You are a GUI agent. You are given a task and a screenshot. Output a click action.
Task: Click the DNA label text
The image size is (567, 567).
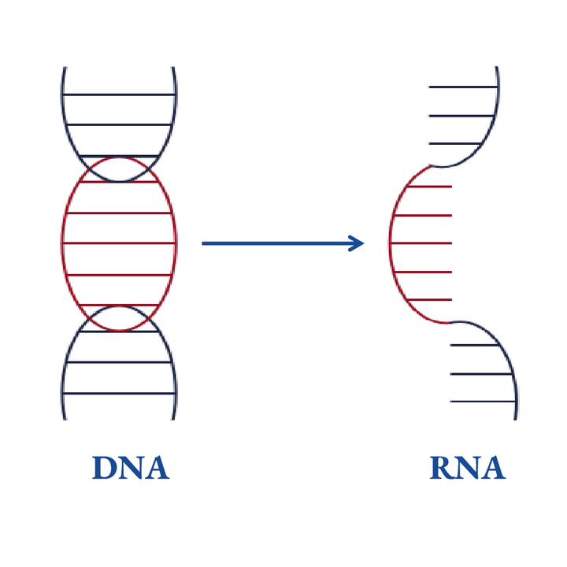click(131, 468)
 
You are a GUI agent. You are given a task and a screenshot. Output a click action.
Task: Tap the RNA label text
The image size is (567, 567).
click(467, 468)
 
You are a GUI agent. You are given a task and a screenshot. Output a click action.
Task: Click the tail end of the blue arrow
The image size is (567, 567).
click(205, 243)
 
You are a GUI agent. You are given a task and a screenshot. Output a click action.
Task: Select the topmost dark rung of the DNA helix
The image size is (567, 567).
click(119, 94)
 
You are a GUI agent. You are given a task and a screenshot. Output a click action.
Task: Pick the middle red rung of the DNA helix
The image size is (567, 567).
click(119, 243)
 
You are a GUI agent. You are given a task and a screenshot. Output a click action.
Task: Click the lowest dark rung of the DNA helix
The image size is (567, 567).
click(119, 393)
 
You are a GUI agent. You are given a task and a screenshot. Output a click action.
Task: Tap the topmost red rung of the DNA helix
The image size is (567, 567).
click(119, 183)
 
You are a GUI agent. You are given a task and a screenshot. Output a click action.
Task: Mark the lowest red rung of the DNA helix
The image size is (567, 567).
click(119, 305)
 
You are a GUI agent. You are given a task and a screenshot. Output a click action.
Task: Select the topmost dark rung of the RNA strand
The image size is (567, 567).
click(463, 87)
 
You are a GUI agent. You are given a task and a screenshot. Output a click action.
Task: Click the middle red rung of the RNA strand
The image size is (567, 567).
click(421, 243)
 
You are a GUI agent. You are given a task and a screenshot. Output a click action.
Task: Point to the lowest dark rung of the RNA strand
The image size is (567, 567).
click(483, 402)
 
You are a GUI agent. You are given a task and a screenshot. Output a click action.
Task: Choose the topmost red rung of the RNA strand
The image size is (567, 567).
click(430, 187)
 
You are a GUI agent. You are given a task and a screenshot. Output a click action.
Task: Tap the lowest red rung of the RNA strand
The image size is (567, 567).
click(430, 300)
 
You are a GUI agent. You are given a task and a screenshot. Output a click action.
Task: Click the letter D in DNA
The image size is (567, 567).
click(105, 468)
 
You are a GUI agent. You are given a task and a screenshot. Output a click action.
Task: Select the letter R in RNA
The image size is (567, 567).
click(442, 468)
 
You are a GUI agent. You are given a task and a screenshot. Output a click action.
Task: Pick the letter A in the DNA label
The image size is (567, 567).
click(156, 468)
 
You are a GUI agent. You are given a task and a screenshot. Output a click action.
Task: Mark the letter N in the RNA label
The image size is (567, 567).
click(467, 468)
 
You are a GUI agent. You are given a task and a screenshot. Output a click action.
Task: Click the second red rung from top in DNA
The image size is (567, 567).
click(119, 213)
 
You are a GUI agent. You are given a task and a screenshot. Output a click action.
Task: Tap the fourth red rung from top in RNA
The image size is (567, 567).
click(423, 272)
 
